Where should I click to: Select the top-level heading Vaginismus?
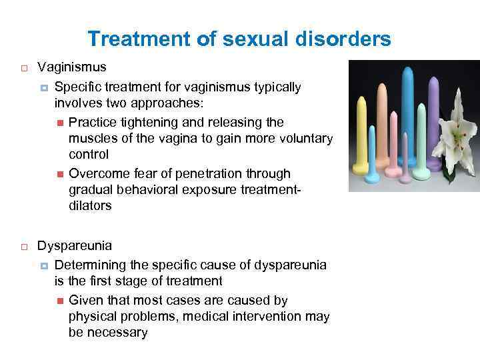71,67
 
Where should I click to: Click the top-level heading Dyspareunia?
75,245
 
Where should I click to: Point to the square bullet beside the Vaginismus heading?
22,68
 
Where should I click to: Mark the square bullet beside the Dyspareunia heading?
22,246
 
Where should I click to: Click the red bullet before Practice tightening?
59,122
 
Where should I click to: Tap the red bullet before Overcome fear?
59,174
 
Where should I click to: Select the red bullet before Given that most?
59,301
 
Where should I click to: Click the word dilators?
90,206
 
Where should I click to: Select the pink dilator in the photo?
393,147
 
